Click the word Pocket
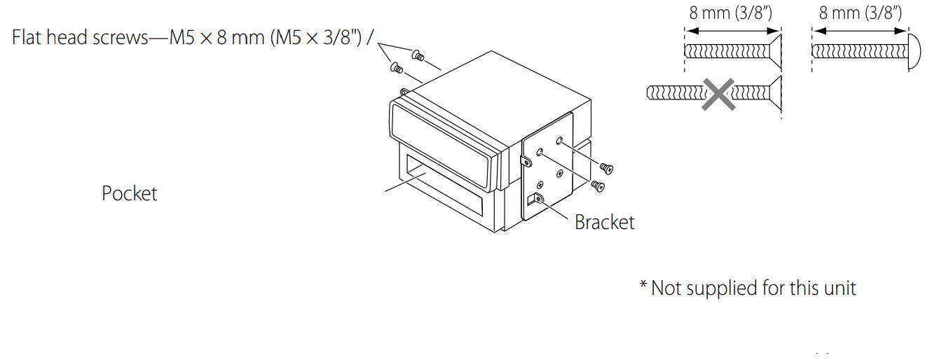[x=130, y=193]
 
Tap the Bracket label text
[x=604, y=222]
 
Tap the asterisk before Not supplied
[x=643, y=287]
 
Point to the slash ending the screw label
[x=369, y=37]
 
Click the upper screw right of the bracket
[x=606, y=167]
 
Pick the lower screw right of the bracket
[x=598, y=186]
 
